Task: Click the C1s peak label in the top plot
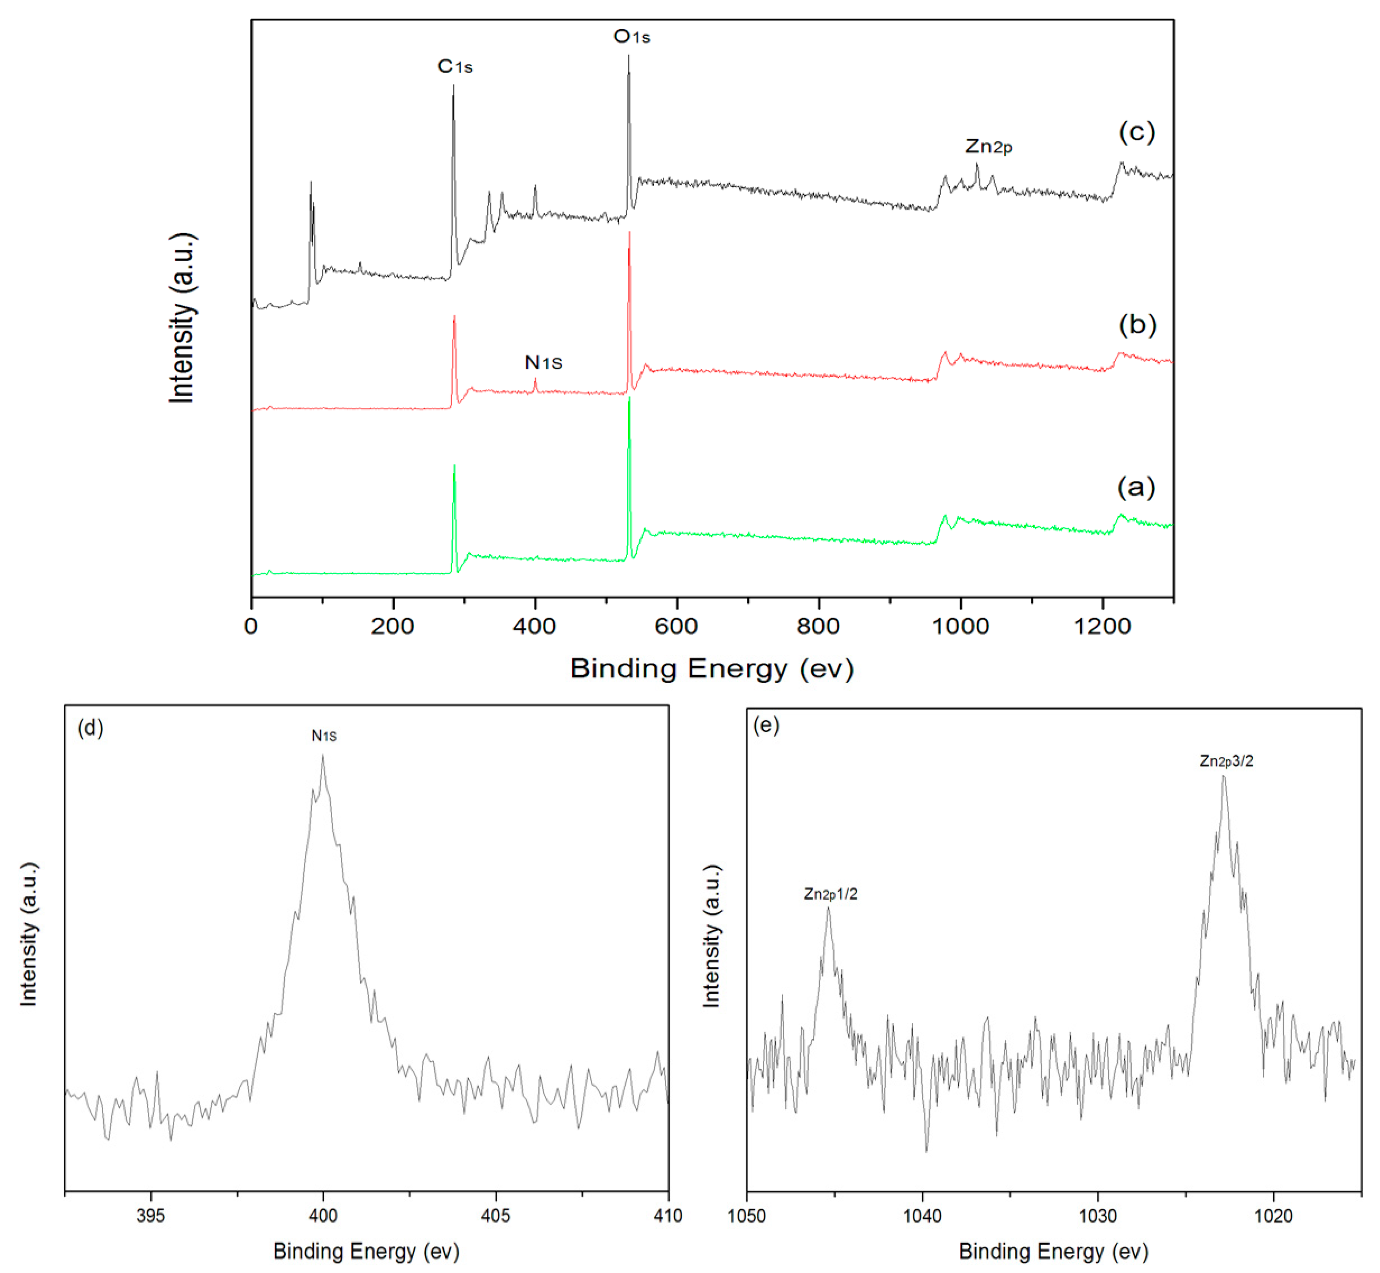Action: [455, 67]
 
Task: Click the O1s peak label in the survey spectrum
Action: [631, 36]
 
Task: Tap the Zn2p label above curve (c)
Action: [988, 147]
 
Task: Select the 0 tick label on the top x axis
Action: [251, 626]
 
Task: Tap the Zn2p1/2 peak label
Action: [831, 894]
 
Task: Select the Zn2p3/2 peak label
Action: [1227, 761]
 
